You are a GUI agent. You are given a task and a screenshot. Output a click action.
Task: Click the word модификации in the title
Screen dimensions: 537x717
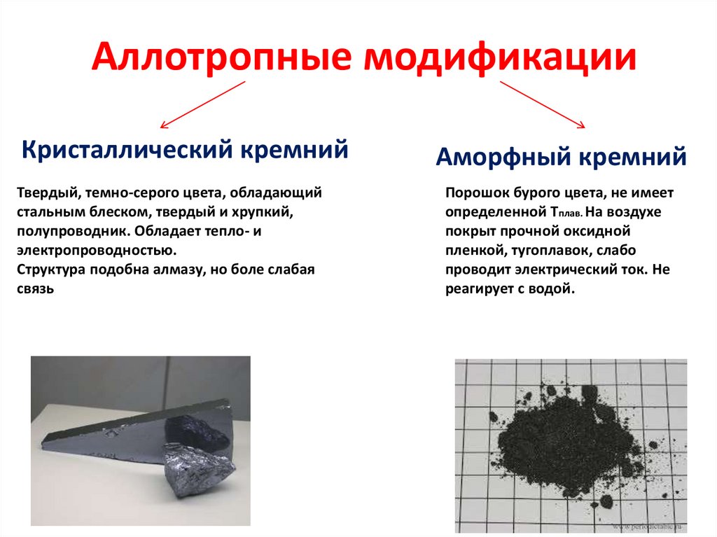click(499, 58)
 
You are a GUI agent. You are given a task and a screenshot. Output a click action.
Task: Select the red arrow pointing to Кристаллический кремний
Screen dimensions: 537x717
click(203, 105)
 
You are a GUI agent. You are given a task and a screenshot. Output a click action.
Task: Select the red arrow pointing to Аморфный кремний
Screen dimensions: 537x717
click(542, 105)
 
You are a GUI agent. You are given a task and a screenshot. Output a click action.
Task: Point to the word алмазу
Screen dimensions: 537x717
click(185, 269)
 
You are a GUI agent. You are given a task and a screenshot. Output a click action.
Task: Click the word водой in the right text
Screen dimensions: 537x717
click(553, 289)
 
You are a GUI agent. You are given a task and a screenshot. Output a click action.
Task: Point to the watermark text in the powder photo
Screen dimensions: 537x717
click(651, 524)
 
